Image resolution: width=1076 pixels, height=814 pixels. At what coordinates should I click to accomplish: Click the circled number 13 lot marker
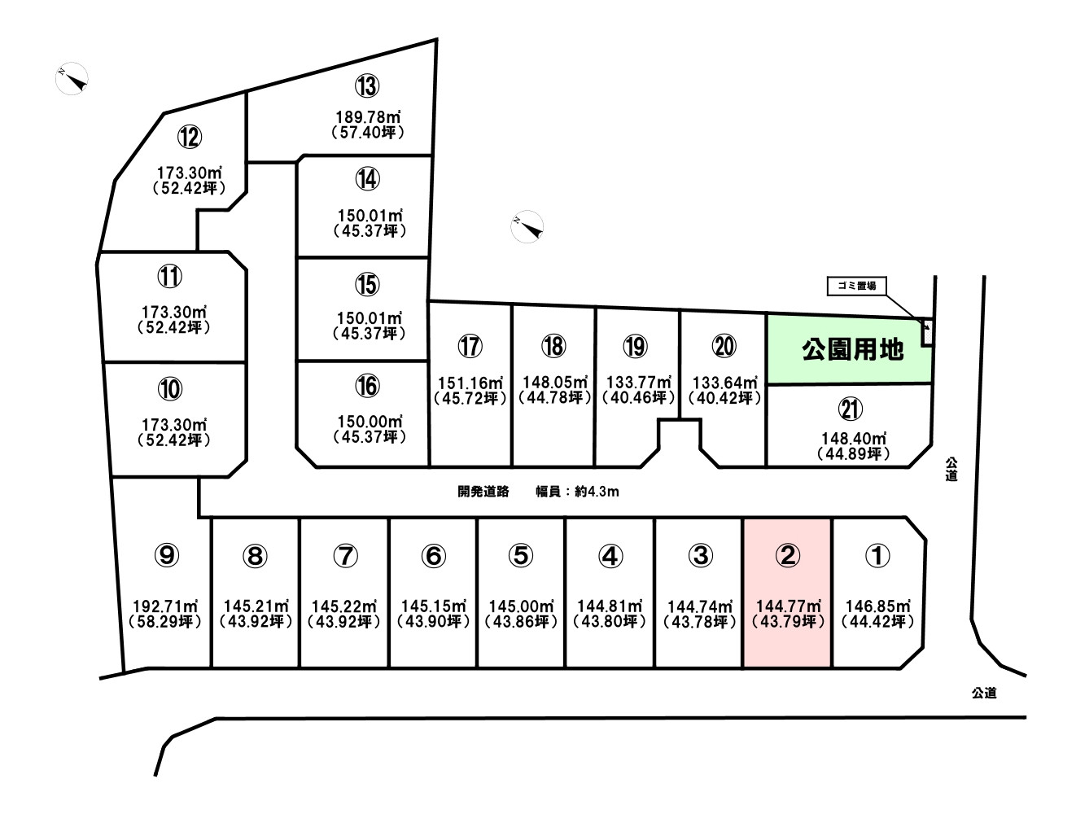tap(367, 85)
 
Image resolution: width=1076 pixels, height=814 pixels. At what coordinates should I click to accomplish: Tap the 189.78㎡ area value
tap(368, 117)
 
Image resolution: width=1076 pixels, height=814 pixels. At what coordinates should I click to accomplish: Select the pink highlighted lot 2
tap(787, 593)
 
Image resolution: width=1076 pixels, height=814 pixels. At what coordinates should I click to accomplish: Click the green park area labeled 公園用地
tap(850, 349)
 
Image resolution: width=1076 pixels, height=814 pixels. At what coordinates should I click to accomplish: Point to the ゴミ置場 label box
tap(856, 286)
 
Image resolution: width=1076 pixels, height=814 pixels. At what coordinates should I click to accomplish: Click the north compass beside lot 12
tap(72, 78)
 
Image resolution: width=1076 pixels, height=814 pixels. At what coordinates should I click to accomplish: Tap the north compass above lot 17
tap(527, 227)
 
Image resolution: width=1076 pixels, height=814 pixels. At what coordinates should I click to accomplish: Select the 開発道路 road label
tap(483, 492)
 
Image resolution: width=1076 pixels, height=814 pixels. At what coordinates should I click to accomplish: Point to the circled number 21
tap(851, 409)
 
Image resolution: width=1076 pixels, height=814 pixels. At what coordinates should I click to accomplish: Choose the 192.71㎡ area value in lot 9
tap(165, 606)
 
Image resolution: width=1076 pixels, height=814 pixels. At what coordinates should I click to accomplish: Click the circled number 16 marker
tap(367, 386)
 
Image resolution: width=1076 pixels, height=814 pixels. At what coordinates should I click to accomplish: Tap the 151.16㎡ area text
tap(470, 383)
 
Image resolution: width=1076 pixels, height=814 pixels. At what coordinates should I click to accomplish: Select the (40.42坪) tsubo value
tap(724, 398)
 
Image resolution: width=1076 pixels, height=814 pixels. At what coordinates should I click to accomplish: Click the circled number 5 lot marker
tap(521, 555)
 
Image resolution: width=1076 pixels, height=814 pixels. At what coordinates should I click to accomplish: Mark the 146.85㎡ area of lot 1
tap(878, 606)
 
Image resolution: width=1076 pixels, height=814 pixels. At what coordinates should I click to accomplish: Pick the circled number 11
tap(169, 277)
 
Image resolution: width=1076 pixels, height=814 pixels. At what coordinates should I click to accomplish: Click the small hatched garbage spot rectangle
tap(927, 332)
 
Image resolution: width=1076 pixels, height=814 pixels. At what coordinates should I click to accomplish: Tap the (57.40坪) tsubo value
tap(368, 133)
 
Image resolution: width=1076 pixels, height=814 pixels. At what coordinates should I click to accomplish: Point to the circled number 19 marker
tap(635, 346)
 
